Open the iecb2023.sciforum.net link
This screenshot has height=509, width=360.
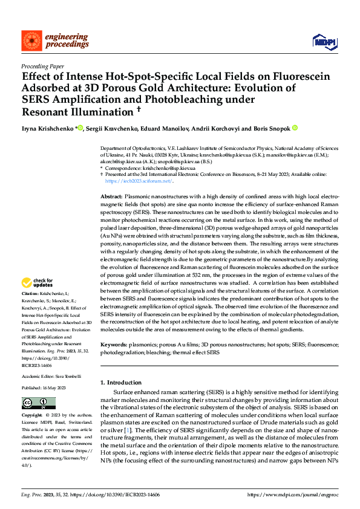pos(139,181)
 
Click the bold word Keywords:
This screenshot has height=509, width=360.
pos(113,345)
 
